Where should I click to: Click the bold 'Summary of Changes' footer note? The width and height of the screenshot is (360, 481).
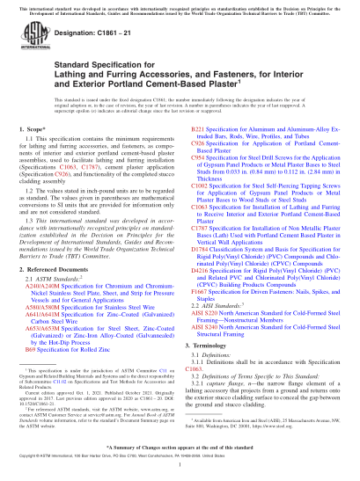pyautogui.click(x=180, y=448)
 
